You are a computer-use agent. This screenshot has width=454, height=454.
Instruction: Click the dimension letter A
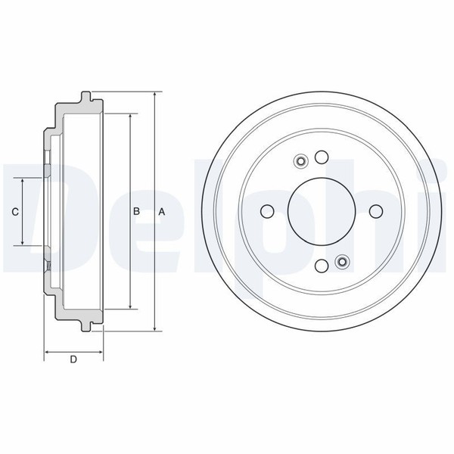[x=162, y=212]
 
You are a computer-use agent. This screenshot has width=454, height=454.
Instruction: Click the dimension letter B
[x=136, y=211]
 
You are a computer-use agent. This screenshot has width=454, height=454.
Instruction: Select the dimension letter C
[x=15, y=212]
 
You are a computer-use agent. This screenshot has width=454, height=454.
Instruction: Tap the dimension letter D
[x=73, y=359]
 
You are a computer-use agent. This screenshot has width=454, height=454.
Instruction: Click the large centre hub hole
[x=322, y=212]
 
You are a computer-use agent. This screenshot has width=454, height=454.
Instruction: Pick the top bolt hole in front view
[x=322, y=157]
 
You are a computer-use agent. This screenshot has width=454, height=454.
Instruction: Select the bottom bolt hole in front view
[x=322, y=266]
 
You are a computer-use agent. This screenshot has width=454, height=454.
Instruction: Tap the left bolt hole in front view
[x=267, y=212]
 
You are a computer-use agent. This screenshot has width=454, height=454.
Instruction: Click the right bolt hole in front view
[x=376, y=211]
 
